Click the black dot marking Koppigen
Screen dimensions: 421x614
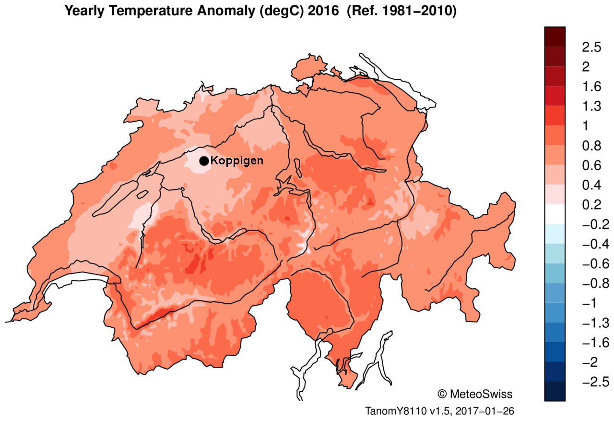(x=204, y=161)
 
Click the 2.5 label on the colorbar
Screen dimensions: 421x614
(x=591, y=47)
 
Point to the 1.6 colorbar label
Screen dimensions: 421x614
(x=591, y=87)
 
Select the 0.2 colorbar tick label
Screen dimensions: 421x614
(x=591, y=205)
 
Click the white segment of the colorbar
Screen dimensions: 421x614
(x=555, y=214)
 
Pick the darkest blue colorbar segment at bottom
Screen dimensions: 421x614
(x=555, y=391)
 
